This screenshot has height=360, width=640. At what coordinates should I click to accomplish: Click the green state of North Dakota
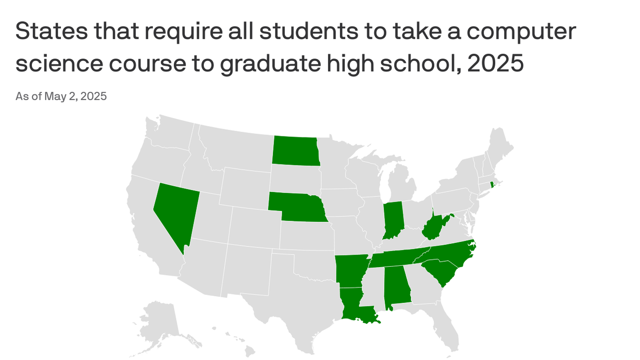(295, 150)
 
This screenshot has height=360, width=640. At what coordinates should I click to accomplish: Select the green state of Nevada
(176, 211)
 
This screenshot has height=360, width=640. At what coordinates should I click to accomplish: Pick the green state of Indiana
(393, 219)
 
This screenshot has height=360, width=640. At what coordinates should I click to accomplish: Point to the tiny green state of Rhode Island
(492, 185)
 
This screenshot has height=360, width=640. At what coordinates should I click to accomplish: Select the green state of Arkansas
(349, 271)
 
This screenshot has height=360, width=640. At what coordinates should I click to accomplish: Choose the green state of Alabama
(396, 286)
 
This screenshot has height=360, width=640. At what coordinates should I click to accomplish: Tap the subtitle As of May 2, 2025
(61, 97)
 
